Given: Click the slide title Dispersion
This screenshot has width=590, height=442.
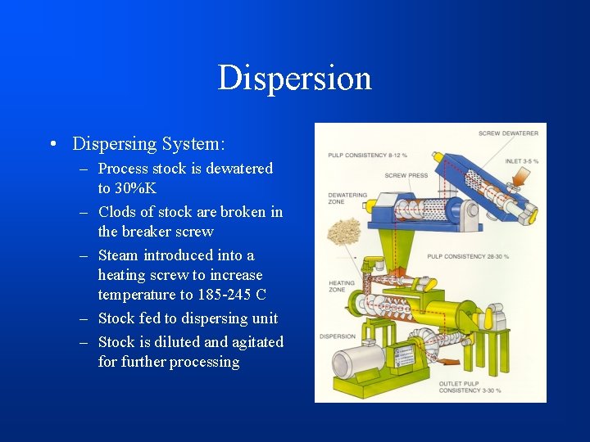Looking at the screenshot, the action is click(295, 79).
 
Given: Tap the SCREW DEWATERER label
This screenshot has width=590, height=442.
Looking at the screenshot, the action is click(507, 133).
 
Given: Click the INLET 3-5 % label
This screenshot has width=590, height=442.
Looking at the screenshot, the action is click(521, 161).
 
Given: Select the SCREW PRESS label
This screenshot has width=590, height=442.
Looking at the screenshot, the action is click(406, 175).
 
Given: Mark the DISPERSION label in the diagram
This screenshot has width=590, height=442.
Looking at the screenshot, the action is click(337, 336).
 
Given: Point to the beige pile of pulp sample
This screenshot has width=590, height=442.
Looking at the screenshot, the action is click(342, 231).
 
